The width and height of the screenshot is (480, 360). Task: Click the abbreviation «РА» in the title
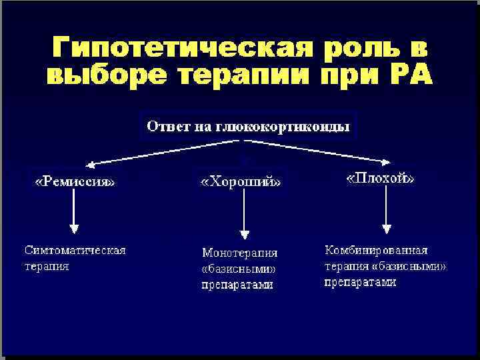(408, 75)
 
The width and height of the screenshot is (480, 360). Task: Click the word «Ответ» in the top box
(169, 125)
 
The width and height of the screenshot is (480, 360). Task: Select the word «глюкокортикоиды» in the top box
(290, 125)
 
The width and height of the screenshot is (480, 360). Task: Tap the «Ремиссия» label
(74, 181)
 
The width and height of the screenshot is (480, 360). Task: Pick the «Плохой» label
(381, 179)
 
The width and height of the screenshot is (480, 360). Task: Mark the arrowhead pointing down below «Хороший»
(245, 233)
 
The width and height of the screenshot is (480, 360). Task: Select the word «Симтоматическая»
(75, 251)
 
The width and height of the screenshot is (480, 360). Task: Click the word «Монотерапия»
(239, 253)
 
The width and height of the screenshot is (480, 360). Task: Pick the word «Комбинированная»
(376, 251)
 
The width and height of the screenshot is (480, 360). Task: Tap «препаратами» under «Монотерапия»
(237, 285)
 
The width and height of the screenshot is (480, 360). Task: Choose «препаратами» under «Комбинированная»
(360, 282)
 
